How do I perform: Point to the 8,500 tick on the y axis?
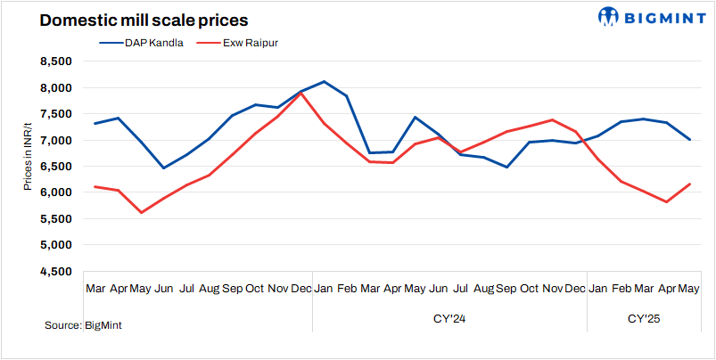click(x=55, y=61)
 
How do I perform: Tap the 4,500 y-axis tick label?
click(x=55, y=272)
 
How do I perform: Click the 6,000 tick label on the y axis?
click(x=55, y=192)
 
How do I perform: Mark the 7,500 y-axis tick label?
click(x=55, y=114)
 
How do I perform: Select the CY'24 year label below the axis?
click(x=449, y=318)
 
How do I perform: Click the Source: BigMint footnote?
click(x=83, y=326)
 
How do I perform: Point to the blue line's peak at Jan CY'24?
click(x=323, y=82)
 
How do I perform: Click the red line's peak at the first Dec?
click(x=300, y=94)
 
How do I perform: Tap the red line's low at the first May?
click(x=141, y=213)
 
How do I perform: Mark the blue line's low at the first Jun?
click(x=163, y=168)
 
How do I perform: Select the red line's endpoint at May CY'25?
click(x=690, y=184)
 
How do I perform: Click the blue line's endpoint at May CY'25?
click(x=690, y=139)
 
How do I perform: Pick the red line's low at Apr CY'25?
click(x=665, y=202)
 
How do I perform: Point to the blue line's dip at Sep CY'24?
click(x=506, y=167)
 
